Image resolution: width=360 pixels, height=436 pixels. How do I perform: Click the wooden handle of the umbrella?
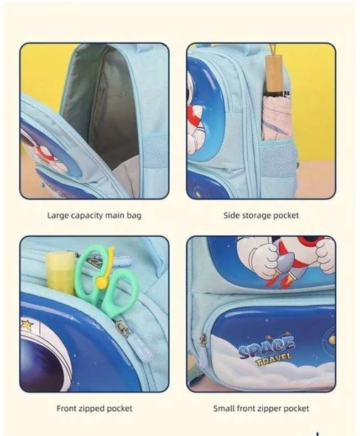pos(274,72)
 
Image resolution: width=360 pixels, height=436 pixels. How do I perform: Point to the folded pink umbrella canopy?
pos(276,117)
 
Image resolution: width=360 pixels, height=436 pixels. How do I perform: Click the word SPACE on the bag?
pos(267,347)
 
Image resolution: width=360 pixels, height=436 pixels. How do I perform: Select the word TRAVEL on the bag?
pos(274,359)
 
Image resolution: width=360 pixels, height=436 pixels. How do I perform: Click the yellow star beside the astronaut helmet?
pos(27,324)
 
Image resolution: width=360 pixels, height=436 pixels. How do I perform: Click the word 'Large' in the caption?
pos(58,215)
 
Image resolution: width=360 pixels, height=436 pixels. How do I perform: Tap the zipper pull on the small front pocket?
pos(203,341)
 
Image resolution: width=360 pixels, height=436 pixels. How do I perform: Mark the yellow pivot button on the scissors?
pos(101,282)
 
